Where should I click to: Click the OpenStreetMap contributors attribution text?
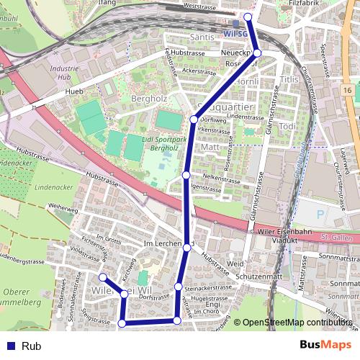[297, 323]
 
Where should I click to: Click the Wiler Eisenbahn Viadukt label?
[284, 235]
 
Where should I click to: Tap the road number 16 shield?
[348, 91]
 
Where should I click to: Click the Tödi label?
[287, 126]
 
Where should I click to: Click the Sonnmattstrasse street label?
[338, 256]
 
